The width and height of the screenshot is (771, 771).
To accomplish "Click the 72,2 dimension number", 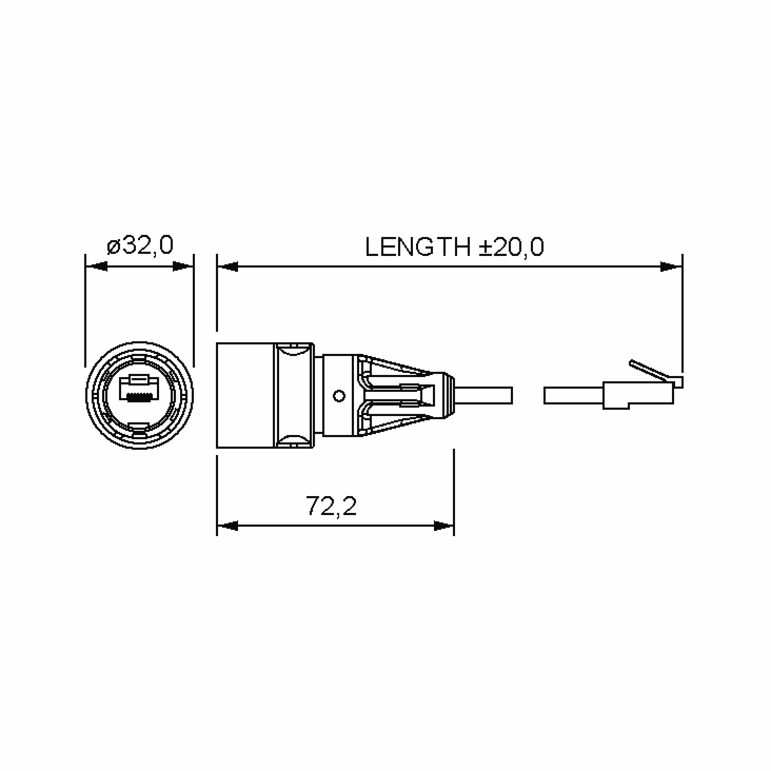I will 331,506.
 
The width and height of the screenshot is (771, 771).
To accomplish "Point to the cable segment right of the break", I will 573,395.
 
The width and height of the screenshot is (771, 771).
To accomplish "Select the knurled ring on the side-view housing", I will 293,395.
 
